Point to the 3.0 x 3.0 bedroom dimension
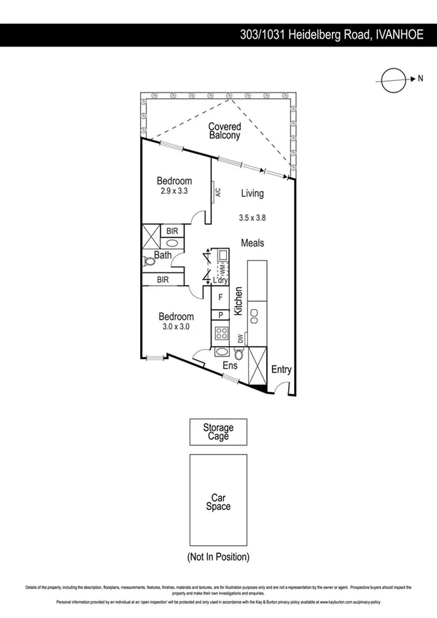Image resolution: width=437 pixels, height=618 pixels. click(175, 327)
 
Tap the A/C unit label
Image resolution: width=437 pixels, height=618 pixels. click(217, 192)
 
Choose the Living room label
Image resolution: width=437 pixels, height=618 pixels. click(252, 194)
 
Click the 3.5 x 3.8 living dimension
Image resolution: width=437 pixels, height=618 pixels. click(252, 217)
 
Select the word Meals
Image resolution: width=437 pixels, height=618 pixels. click(252, 243)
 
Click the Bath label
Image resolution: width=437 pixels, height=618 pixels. click(162, 255)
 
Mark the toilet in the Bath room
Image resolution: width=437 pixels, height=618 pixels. click(150, 259)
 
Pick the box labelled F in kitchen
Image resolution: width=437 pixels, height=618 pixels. click(220, 297)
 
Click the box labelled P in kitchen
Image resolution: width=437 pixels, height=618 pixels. click(220, 315)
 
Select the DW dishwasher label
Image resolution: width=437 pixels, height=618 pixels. click(240, 338)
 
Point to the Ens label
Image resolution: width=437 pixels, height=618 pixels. click(230, 366)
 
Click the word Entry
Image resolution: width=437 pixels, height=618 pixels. click(282, 370)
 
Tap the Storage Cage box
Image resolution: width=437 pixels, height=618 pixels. click(219, 432)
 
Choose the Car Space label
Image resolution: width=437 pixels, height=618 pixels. click(219, 503)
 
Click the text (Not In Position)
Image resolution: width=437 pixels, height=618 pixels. click(219, 557)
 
